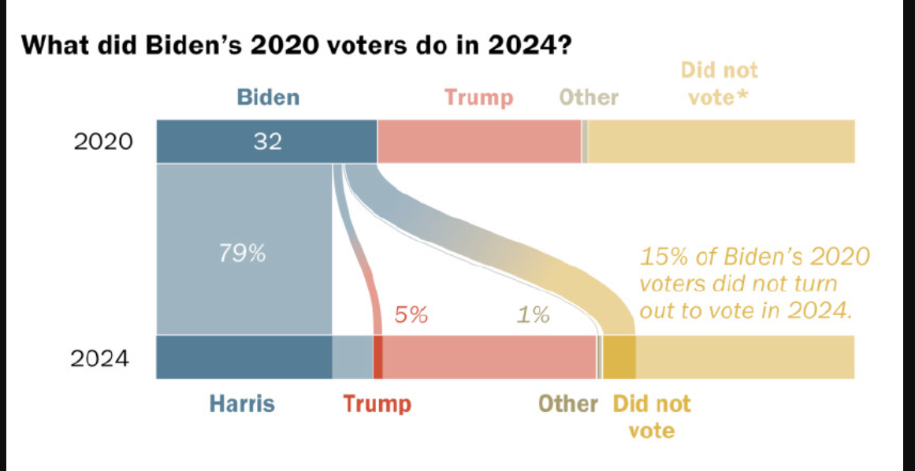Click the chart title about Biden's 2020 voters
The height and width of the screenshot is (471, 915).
[296, 46]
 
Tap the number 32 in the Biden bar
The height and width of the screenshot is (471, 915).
[267, 142]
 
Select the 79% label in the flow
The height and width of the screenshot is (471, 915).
[242, 254]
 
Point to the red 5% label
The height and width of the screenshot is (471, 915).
[411, 315]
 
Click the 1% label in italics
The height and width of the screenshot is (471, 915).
[533, 316]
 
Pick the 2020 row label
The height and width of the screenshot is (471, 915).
[103, 143]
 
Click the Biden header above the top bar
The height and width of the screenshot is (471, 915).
[268, 98]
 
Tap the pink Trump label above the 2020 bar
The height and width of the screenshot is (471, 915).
[478, 98]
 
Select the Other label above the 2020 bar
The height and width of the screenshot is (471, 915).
[588, 98]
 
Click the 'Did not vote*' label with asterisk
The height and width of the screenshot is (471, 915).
[719, 83]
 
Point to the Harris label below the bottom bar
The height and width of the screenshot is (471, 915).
[242, 404]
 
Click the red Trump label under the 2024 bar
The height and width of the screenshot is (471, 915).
[377, 404]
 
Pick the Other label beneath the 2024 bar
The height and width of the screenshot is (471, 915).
[567, 404]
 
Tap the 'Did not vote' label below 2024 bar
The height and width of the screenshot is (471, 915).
[651, 417]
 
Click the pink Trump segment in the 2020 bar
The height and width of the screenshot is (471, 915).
[478, 142]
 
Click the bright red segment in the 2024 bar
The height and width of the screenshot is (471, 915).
[378, 357]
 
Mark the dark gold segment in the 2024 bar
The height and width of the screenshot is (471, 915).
[619, 357]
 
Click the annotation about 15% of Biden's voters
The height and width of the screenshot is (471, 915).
[754, 284]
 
